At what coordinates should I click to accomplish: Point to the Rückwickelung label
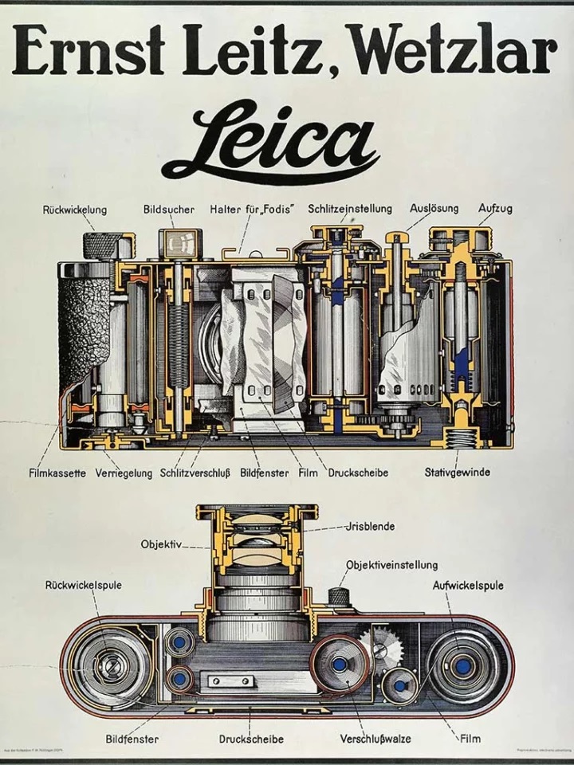click(75, 210)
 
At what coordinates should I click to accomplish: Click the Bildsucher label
click(169, 210)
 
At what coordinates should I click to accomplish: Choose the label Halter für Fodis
click(254, 210)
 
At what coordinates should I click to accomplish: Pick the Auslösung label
click(434, 210)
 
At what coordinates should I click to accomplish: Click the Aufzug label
click(495, 210)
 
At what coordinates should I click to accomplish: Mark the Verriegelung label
click(124, 473)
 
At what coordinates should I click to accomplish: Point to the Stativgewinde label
click(457, 473)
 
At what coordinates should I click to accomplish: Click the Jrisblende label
click(371, 527)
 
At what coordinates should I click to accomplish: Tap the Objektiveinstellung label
click(391, 565)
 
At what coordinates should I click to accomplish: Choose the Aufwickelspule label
click(468, 586)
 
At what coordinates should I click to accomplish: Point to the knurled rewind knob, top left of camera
click(102, 245)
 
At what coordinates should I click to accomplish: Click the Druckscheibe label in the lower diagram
click(251, 739)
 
